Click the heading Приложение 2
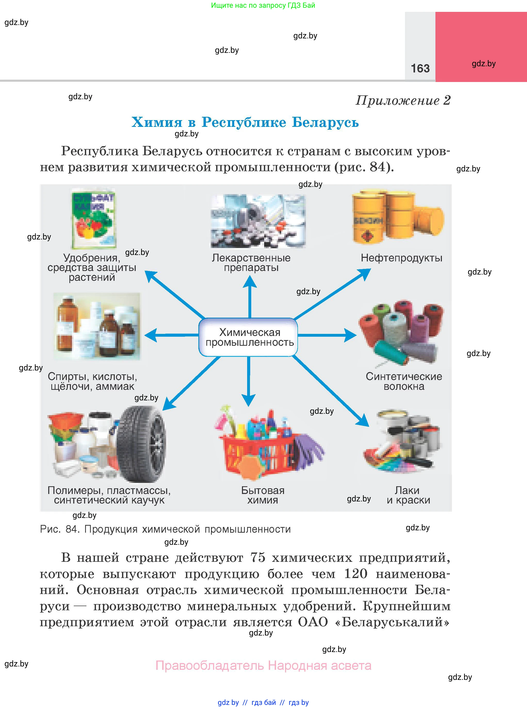[x=403, y=101]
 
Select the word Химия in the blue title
[x=157, y=122]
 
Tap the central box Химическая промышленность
[x=248, y=337]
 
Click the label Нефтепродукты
[x=401, y=258]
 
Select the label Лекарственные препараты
[x=251, y=263]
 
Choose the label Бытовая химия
[x=263, y=495]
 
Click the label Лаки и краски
[x=408, y=495]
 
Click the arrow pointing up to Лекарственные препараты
[x=250, y=296]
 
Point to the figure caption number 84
[x=72, y=530]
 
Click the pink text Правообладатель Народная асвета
[x=263, y=666]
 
